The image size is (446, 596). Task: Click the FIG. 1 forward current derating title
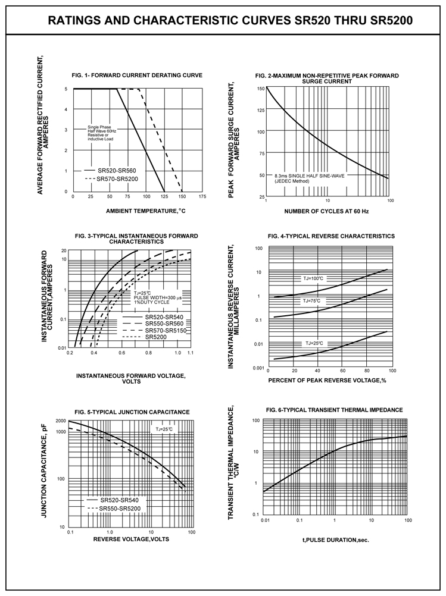click(137, 76)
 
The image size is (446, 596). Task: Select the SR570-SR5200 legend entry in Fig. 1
click(118, 178)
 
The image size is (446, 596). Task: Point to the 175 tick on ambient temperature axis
click(202, 196)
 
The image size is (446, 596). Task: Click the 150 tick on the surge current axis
click(261, 89)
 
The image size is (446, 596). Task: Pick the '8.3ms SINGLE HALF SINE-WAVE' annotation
click(310, 176)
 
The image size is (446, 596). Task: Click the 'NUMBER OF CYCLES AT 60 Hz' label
click(326, 211)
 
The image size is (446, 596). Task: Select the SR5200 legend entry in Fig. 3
click(156, 337)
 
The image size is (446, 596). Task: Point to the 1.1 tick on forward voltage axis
click(191, 353)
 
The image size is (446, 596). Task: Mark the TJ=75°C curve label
click(311, 301)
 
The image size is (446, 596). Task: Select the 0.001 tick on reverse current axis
click(258, 368)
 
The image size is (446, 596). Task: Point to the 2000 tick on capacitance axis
click(61, 421)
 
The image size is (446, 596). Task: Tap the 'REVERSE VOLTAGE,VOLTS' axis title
click(132, 539)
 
